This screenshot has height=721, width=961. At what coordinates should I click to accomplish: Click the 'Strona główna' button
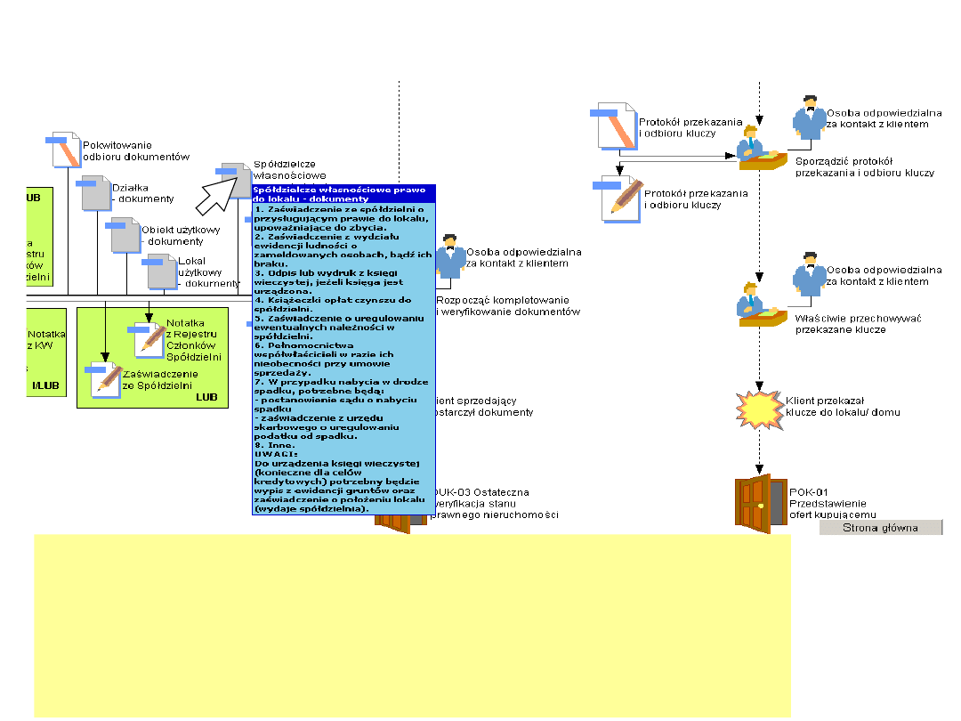pos(881,528)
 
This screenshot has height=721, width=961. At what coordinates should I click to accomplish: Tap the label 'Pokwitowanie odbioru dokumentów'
pos(135,150)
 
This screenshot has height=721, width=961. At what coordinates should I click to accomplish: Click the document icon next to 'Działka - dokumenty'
pos(95,193)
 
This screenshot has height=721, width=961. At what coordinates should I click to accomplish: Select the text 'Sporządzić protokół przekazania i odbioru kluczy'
pos(863,166)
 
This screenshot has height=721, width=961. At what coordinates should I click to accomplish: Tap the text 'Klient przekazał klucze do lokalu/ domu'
pos(842,406)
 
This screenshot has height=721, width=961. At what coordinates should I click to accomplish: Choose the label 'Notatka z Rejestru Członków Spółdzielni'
pos(194,339)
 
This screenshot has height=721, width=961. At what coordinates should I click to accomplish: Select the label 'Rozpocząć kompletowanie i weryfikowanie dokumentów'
pos(507,306)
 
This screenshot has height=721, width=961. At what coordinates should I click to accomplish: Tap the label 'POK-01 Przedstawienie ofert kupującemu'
pos(833,503)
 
